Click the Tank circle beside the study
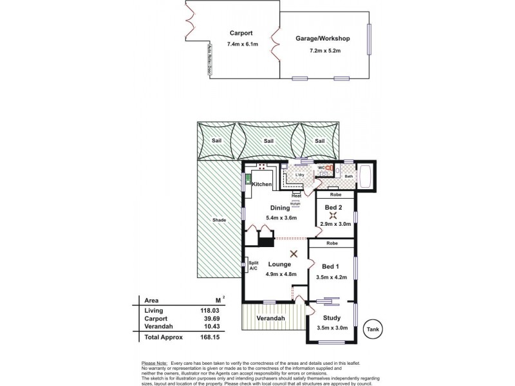372,328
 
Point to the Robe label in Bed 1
332,244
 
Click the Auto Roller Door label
209,61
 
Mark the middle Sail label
267,140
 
